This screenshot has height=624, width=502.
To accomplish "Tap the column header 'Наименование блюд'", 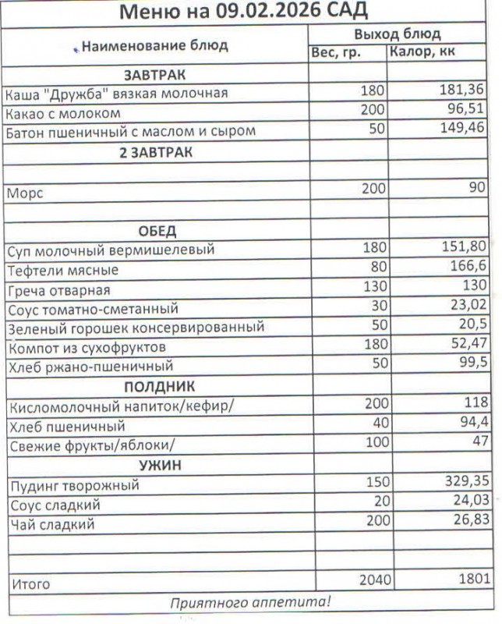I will pyautogui.click(x=155, y=45).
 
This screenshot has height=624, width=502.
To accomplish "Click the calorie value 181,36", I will pyautogui.click(x=462, y=91).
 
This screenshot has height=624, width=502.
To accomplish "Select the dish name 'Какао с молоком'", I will pyautogui.click(x=62, y=113).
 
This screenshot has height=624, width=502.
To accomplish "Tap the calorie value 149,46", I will pyautogui.click(x=462, y=129).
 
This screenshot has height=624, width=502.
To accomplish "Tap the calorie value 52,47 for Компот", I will pyautogui.click(x=465, y=345).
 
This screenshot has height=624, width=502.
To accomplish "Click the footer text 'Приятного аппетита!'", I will pyautogui.click(x=250, y=602).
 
